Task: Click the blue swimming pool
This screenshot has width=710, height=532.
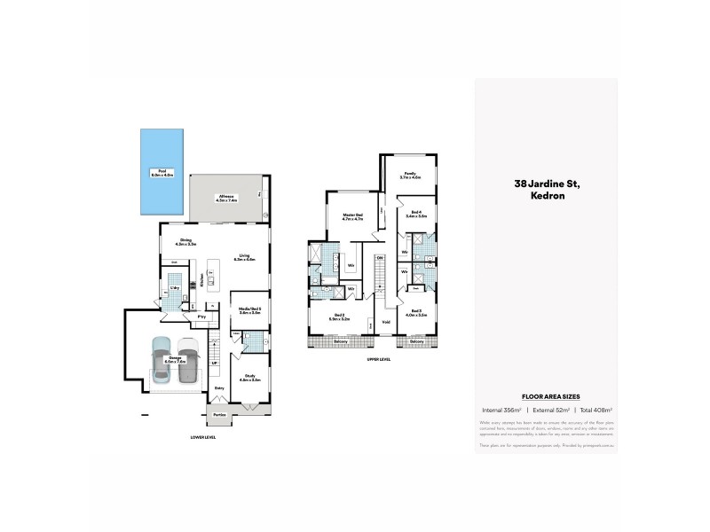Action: click(x=162, y=173)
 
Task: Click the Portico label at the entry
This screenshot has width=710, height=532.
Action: click(x=219, y=414)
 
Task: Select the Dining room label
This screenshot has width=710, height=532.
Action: click(x=186, y=240)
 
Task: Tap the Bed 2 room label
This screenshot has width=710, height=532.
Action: click(x=340, y=316)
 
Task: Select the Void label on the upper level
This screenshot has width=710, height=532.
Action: click(x=386, y=321)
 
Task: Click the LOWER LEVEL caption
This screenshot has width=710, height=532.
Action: click(x=203, y=437)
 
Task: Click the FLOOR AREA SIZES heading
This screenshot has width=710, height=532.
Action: click(x=545, y=399)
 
